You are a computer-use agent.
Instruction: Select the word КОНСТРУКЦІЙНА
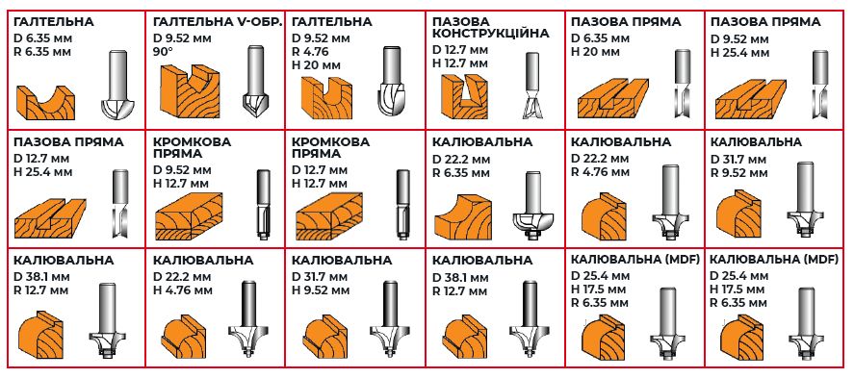490,33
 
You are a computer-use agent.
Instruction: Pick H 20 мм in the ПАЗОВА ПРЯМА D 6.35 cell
599,53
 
